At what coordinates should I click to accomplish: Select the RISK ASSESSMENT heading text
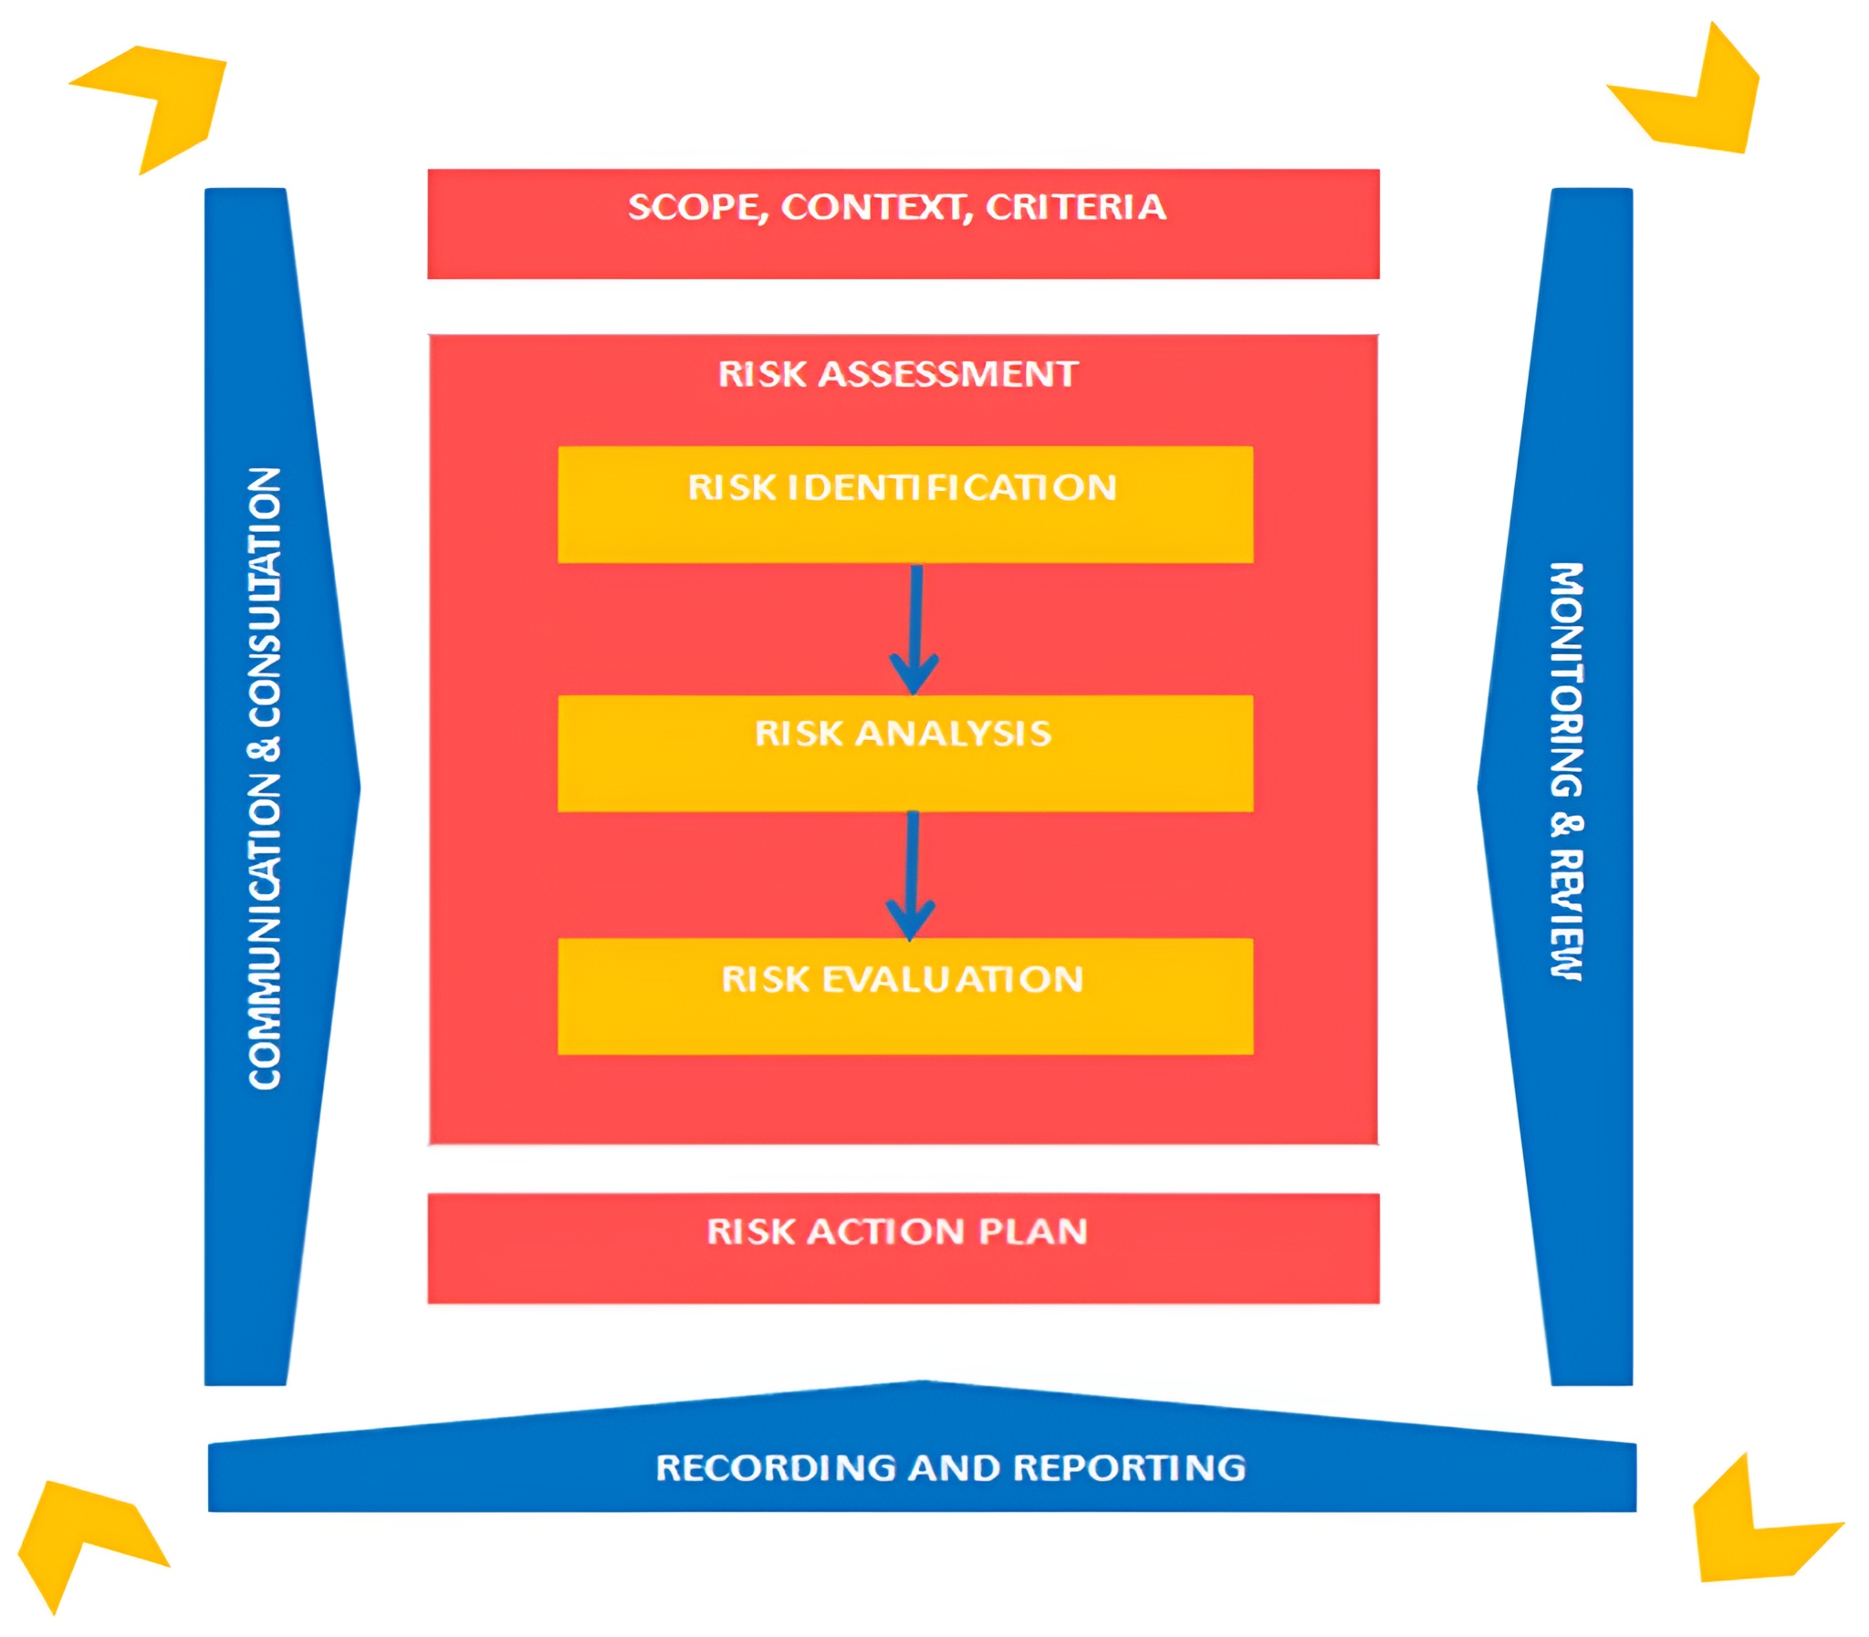point(897,374)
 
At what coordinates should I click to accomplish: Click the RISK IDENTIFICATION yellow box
point(904,505)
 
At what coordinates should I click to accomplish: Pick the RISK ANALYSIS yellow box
point(904,753)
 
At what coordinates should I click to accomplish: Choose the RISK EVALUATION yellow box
point(904,996)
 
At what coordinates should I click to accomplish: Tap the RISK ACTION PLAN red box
point(903,1248)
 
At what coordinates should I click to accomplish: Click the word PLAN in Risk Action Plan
point(1032,1232)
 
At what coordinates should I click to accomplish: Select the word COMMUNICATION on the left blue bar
point(265,932)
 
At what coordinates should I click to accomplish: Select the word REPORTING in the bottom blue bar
point(1129,1467)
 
